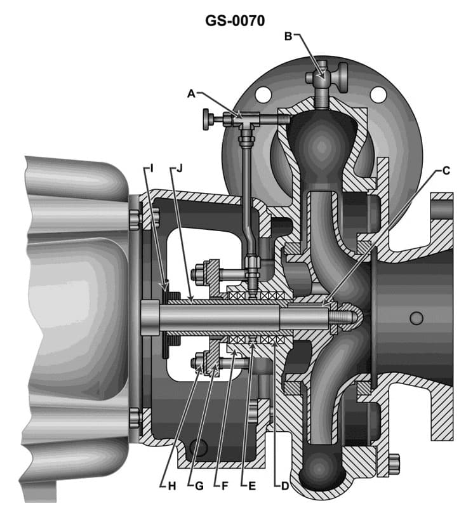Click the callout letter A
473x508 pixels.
tap(190, 93)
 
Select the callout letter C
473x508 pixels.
tap(446, 170)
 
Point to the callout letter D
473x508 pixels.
tap(284, 486)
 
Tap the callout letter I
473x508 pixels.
tap(151, 168)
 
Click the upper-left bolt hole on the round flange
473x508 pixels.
tap(263, 95)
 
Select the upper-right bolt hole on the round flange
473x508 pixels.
tap(378, 95)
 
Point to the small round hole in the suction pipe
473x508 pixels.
tap(416, 317)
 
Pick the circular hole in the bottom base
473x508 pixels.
tap(198, 447)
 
